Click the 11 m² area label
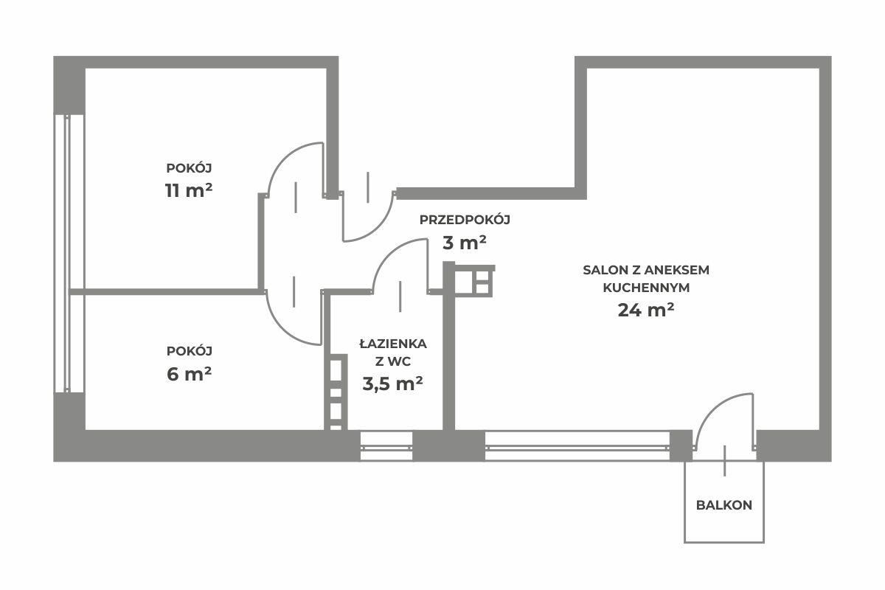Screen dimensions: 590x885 click(189, 190)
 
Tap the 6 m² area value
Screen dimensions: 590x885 click(189, 374)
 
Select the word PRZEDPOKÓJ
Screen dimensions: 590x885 click(465, 220)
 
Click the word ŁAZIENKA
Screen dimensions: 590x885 click(393, 344)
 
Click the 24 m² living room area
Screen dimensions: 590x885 click(646, 310)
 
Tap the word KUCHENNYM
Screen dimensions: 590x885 click(646, 288)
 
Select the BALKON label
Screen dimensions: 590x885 click(723, 505)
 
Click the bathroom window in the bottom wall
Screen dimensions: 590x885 click(386, 447)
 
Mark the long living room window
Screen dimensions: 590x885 click(577, 447)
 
